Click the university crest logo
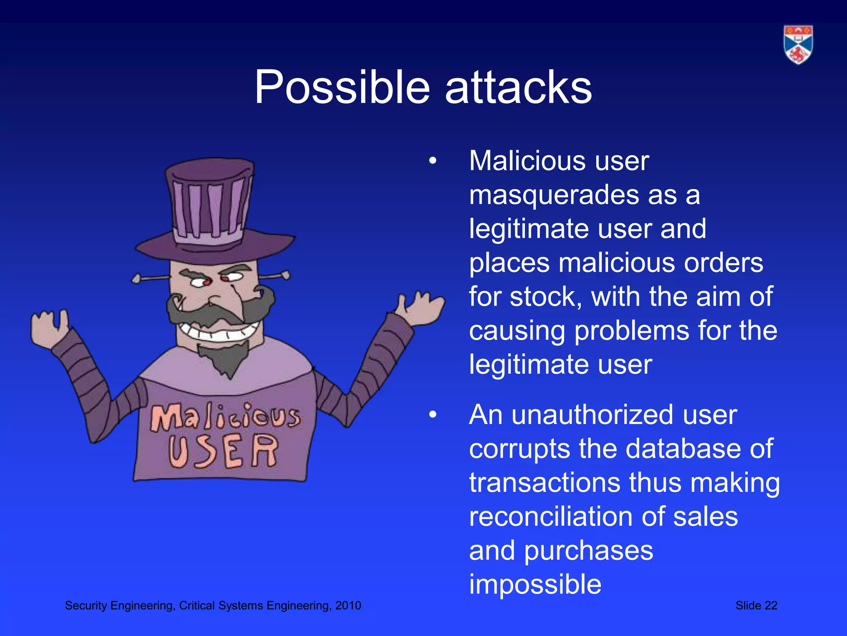[798, 45]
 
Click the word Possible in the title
[342, 87]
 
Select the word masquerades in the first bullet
[554, 195]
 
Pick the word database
[675, 449]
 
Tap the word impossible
[535, 585]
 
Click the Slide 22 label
[756, 605]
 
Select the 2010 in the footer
[348, 605]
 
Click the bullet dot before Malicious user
[433, 161]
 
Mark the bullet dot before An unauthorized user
[433, 415]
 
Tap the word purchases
[589, 551]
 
